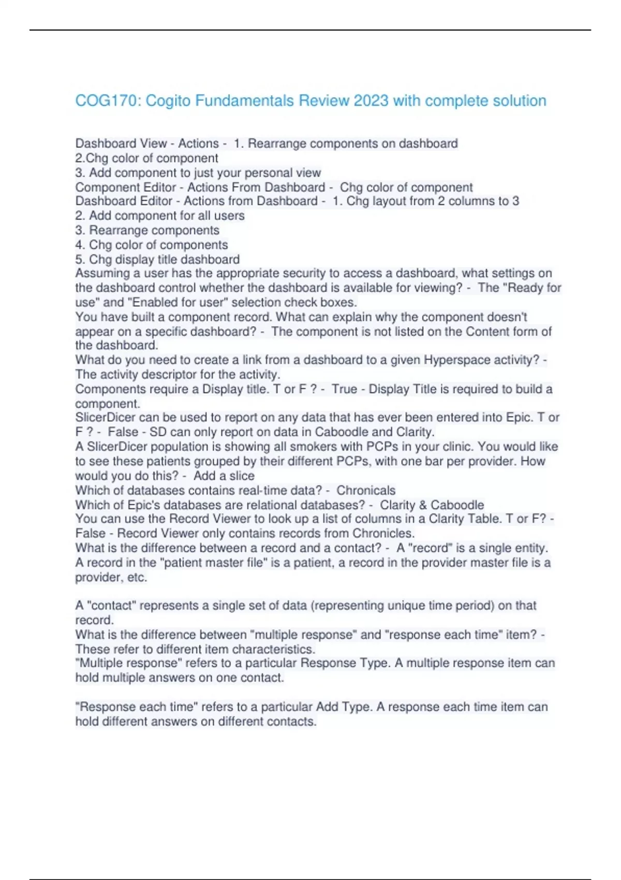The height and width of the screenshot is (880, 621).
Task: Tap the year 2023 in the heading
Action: click(x=371, y=100)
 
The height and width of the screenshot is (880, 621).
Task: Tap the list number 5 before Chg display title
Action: click(x=79, y=259)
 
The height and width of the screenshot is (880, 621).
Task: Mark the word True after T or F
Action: click(x=344, y=389)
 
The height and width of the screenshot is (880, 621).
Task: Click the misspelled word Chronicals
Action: click(x=366, y=490)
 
